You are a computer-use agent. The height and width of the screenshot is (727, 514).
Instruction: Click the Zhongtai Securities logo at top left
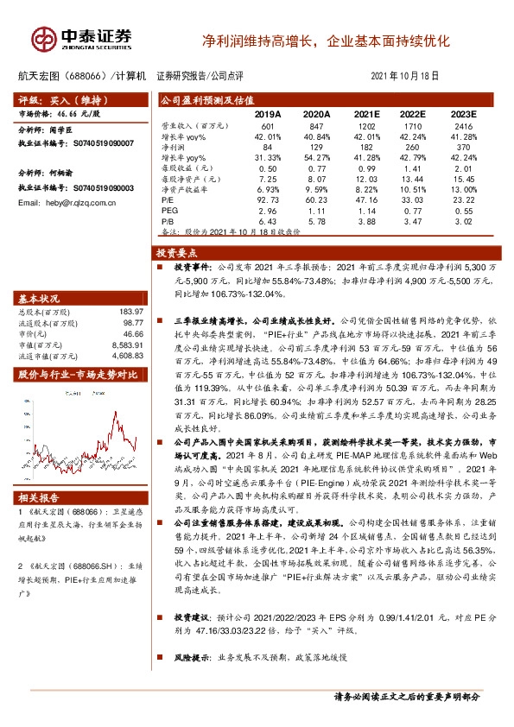tap(82, 38)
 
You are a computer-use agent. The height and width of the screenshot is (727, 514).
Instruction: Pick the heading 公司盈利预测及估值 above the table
tap(199, 100)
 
